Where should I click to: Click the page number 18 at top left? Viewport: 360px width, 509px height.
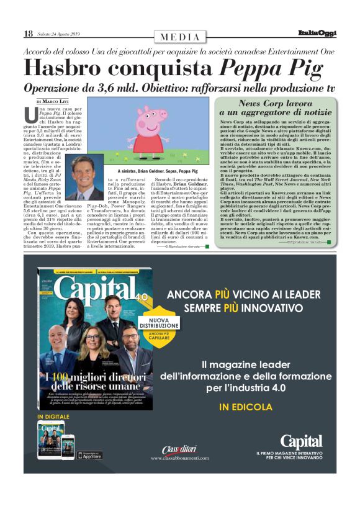(28, 34)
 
